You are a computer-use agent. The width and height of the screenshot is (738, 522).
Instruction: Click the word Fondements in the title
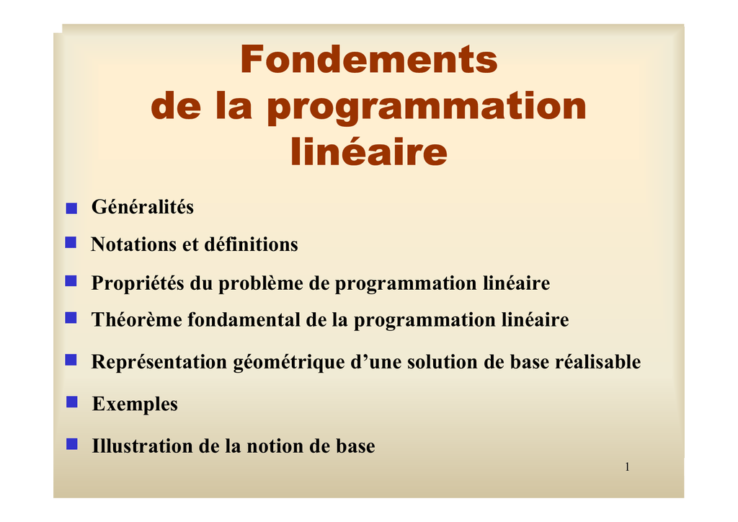369,59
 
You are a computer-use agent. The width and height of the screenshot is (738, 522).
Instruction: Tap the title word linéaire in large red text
369,151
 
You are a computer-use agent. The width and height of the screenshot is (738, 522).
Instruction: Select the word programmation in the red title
427,107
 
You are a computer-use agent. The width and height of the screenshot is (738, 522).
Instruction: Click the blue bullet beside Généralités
71,208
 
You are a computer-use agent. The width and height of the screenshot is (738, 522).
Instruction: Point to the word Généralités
143,207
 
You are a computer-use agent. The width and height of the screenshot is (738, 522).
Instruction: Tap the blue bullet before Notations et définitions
71,242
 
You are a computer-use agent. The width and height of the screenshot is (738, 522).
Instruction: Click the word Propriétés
138,283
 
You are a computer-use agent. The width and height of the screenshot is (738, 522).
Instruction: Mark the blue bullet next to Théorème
71,318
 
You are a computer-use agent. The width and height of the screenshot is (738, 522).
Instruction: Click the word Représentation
159,362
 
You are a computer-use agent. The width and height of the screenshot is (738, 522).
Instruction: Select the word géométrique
289,363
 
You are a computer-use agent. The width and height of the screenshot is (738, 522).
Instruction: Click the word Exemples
135,404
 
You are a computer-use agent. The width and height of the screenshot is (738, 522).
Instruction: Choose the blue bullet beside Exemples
72,402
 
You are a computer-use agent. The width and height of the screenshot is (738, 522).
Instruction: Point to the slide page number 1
628,466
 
